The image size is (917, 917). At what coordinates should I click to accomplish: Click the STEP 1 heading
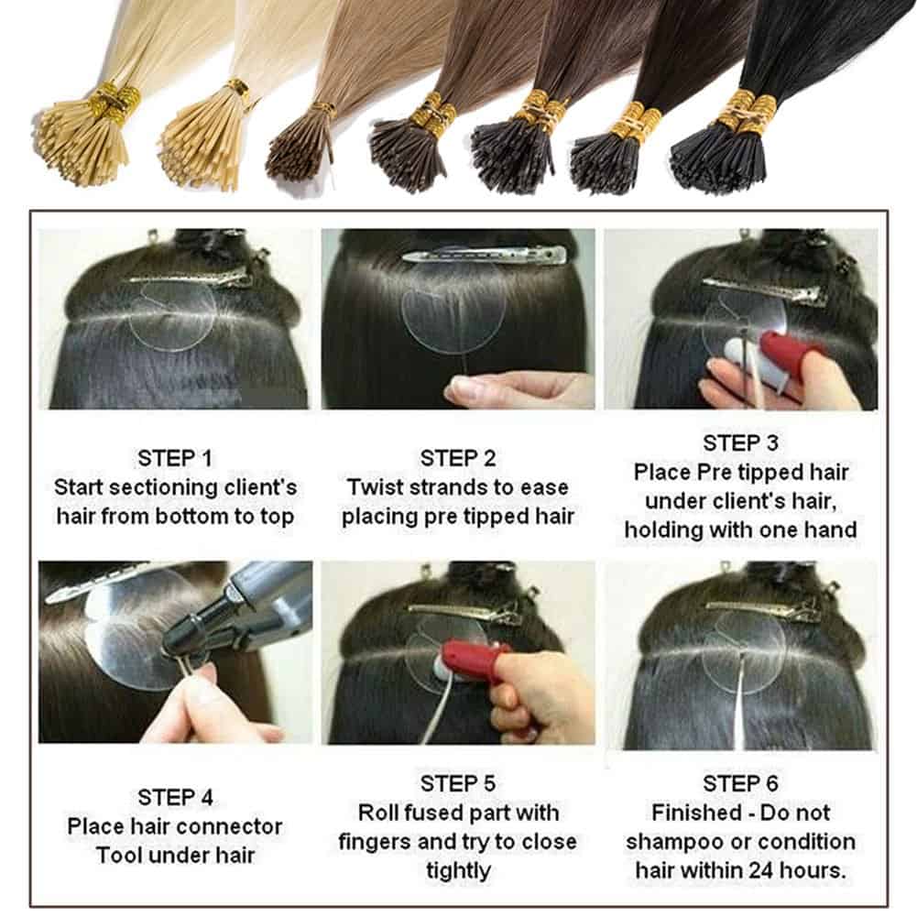175,458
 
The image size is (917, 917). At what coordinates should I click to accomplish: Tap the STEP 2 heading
458,458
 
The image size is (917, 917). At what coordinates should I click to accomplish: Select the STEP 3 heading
740,442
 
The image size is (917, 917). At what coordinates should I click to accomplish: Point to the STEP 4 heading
175,796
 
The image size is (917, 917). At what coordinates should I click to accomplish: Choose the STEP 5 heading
458,783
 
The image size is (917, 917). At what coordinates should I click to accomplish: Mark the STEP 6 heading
740,783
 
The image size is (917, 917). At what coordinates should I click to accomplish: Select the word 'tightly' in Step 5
458,871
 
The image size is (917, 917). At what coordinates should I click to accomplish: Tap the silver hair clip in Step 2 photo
486,256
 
